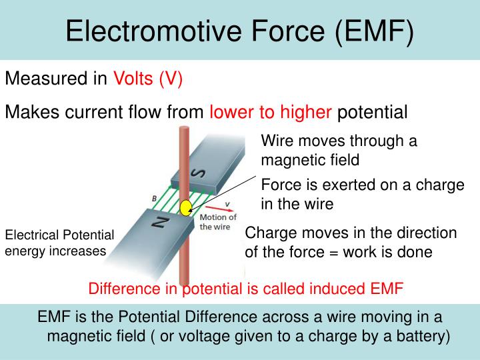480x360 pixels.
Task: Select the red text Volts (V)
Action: point(148,79)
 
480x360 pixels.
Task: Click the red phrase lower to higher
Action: point(271,112)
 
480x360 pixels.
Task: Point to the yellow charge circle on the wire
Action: point(186,208)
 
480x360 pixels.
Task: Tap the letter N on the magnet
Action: point(158,223)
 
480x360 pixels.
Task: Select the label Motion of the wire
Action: point(217,221)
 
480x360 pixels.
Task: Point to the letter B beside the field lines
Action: point(154,198)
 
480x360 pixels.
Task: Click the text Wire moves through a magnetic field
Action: point(339,150)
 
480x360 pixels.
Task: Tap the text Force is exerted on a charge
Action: point(362,185)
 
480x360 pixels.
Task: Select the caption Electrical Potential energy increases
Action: point(59,243)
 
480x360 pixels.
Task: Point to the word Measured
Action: point(47,79)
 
